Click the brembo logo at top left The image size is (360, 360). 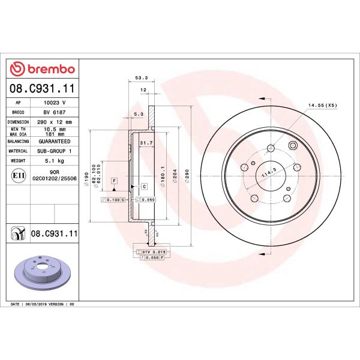click(x=42, y=69)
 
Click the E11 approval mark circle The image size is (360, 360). click(x=18, y=175)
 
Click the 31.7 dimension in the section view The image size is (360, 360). click(x=145, y=143)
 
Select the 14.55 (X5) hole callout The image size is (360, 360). click(x=323, y=105)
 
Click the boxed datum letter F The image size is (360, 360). click(x=113, y=181)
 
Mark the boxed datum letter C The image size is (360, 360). click(x=144, y=187)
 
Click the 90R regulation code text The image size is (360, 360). click(x=54, y=172)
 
